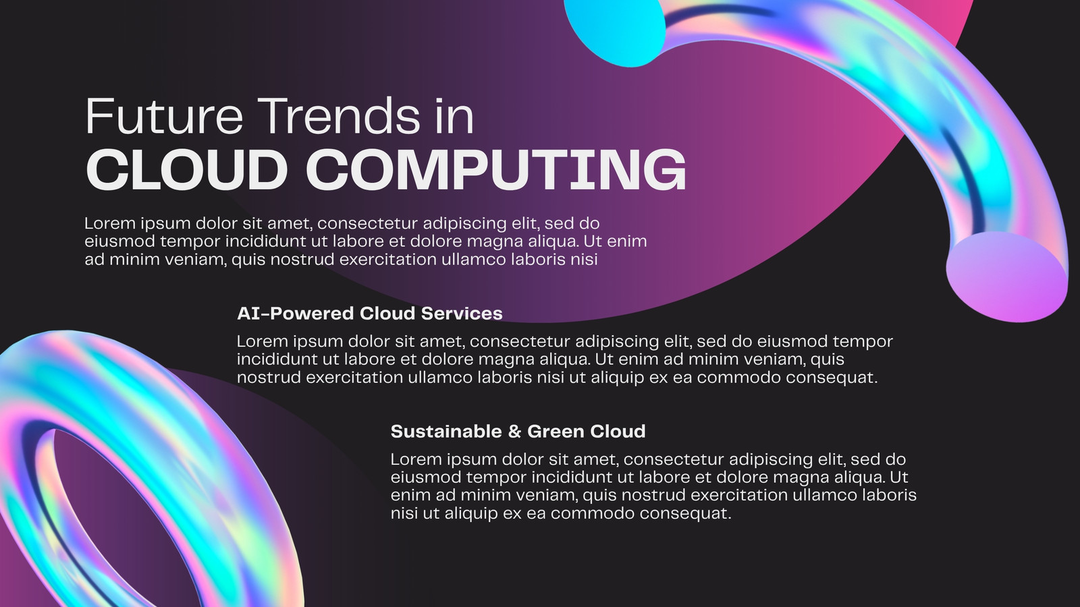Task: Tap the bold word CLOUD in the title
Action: pos(186,169)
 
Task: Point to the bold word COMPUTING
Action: pos(496,169)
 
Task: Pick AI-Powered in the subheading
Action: pos(296,314)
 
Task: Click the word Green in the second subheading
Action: pos(556,431)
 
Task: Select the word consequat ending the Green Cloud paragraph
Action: pos(686,514)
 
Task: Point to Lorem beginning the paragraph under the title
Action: pos(110,223)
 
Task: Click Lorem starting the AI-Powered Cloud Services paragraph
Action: pos(263,341)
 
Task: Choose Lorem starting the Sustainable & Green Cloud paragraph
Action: pos(416,459)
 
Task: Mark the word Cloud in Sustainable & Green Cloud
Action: pos(618,431)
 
